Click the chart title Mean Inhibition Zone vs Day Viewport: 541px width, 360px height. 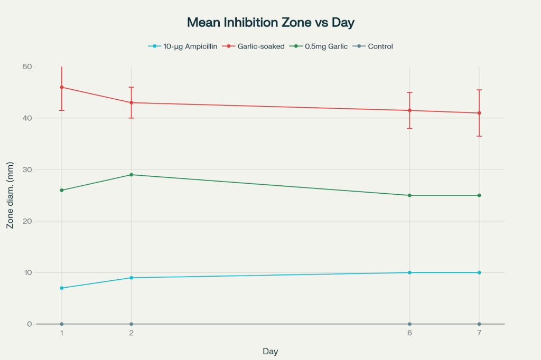click(270, 23)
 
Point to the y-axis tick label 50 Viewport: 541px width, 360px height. click(26, 67)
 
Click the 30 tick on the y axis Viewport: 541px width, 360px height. click(26, 169)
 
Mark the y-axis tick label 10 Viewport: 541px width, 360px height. click(26, 272)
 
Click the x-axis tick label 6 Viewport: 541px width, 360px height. click(409, 333)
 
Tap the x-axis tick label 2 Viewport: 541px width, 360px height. click(131, 333)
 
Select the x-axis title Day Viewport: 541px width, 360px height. click(270, 351)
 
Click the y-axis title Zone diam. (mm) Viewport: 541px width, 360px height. click(10, 195)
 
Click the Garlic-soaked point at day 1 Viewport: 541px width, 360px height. click(62, 87)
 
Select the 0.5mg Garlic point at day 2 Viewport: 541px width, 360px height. click(131, 175)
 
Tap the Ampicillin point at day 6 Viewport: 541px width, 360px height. click(409, 272)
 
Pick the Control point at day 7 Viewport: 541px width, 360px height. click(479, 324)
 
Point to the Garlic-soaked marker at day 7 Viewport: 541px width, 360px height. click(479, 113)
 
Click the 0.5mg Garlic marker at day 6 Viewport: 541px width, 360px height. click(409, 195)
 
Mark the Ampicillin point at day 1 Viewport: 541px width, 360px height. click(62, 288)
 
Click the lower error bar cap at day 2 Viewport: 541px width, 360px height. click(131, 118)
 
